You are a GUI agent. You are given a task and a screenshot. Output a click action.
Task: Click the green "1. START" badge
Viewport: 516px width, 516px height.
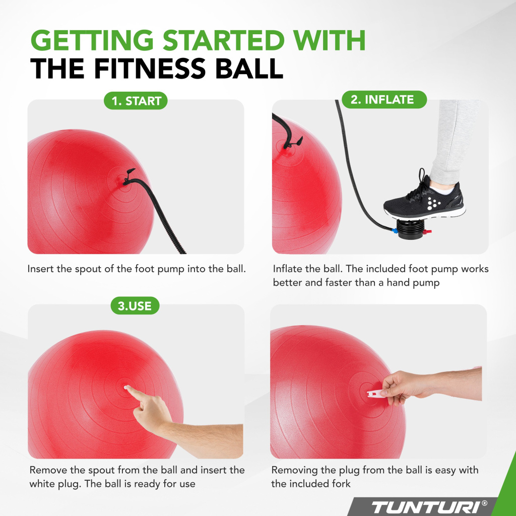(136, 101)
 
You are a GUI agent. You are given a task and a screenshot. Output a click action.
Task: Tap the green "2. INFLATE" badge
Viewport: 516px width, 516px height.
(384, 99)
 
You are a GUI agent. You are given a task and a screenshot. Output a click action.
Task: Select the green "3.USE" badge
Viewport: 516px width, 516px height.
(135, 306)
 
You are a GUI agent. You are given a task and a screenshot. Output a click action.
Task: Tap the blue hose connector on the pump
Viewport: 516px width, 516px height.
(394, 230)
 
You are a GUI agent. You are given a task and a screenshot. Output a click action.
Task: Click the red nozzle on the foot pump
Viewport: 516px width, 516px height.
(427, 232)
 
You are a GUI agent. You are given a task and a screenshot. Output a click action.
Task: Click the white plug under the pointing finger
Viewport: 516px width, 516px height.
(125, 388)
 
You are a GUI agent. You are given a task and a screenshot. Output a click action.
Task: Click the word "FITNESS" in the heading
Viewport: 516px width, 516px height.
(150, 69)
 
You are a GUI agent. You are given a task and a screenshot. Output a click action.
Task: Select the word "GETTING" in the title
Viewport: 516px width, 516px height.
(92, 40)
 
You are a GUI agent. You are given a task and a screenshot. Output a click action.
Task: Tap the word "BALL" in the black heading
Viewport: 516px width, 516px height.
(249, 69)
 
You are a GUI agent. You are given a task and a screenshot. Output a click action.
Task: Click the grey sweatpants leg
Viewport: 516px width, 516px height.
(454, 142)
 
